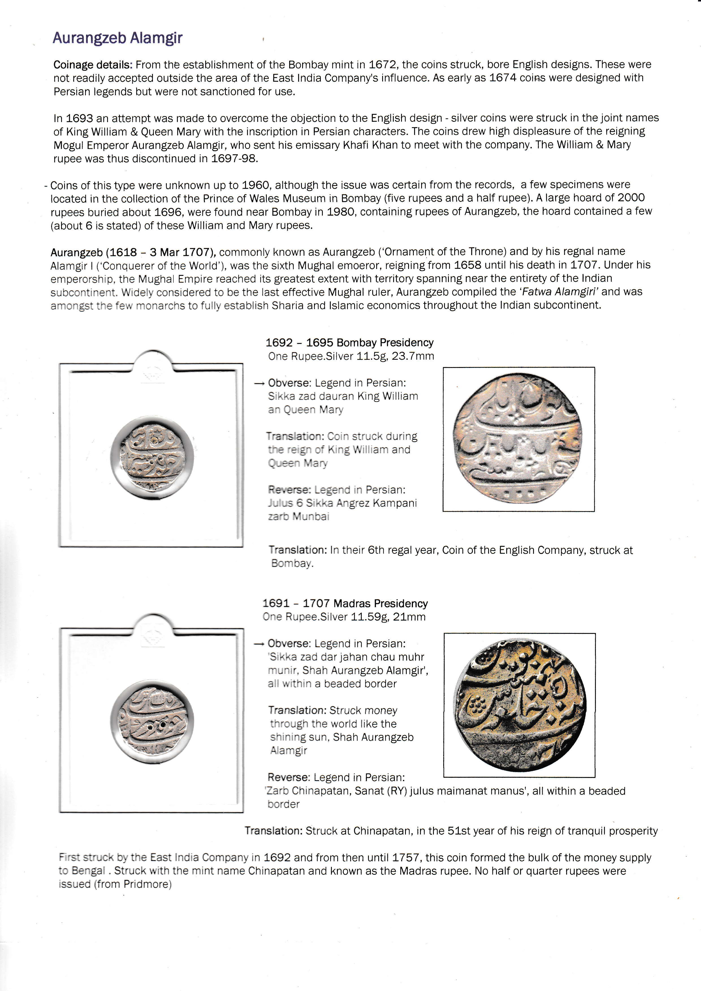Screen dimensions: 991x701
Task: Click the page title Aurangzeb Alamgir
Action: [117, 38]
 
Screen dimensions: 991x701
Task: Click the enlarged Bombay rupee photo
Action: [518, 439]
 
